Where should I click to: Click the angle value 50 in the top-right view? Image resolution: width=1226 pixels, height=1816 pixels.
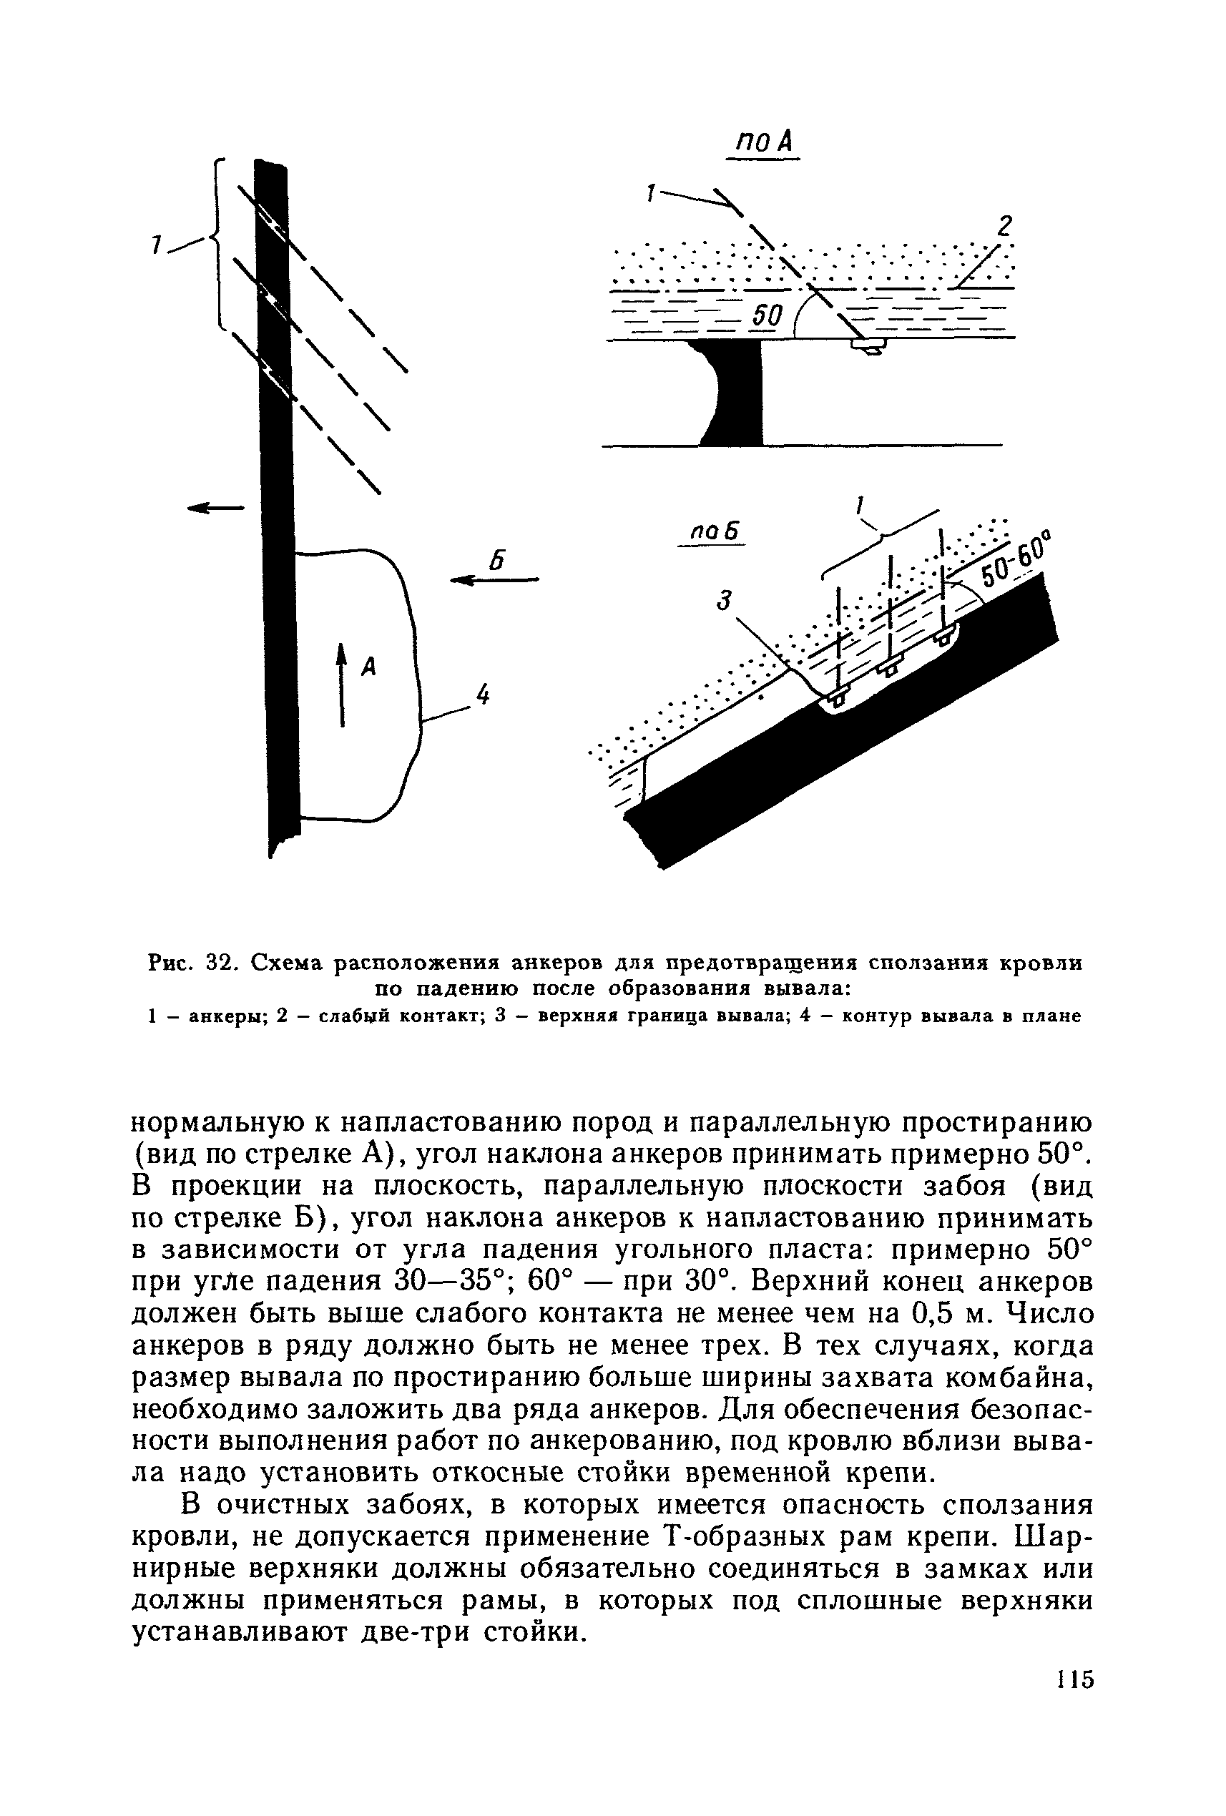(767, 316)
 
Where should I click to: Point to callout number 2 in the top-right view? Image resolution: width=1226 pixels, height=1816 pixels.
(1004, 227)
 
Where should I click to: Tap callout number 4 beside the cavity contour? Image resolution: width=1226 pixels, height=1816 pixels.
(482, 694)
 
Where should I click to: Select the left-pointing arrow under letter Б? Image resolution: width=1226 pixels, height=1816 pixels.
(494, 579)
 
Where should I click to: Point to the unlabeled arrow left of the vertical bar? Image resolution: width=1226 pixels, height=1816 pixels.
(215, 508)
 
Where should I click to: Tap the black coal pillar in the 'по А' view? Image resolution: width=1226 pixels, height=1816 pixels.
(739, 391)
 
